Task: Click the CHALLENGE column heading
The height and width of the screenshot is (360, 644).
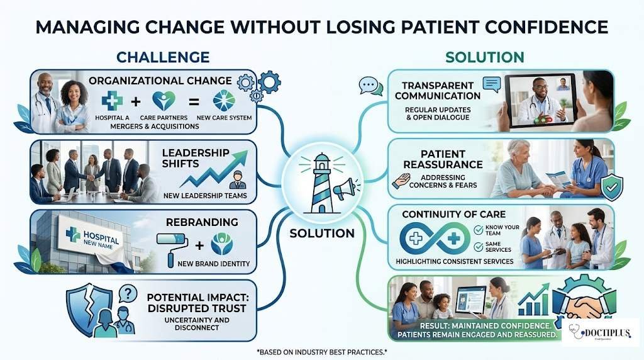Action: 162,57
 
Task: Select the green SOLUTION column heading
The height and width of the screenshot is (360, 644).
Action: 484,57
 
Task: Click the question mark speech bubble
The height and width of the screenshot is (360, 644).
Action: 127,293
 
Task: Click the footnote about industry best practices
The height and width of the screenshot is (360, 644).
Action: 321,353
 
